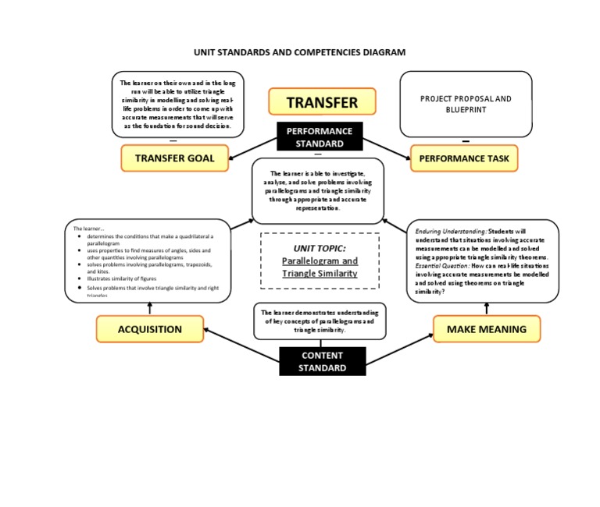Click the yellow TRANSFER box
[x=322, y=102]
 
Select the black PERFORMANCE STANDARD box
[x=319, y=137]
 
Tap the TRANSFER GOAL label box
[x=174, y=158]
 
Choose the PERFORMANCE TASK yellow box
[x=464, y=158]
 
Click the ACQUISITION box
[x=149, y=329]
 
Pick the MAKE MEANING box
[x=486, y=329]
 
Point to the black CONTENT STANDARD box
[x=322, y=361]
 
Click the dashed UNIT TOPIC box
[x=319, y=261]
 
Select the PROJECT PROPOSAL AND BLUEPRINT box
[x=466, y=104]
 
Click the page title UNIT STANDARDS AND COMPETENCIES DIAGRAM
[x=300, y=52]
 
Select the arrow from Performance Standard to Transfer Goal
[x=252, y=147]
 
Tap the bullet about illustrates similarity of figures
[x=122, y=278]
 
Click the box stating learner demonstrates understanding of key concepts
[x=319, y=321]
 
